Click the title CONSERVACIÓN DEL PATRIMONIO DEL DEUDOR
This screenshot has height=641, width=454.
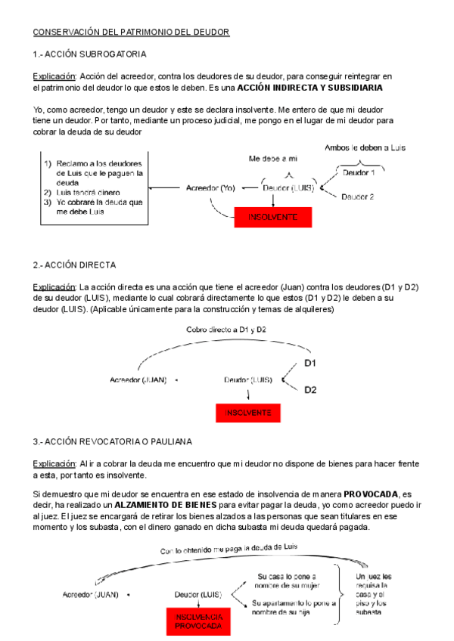tap(130, 33)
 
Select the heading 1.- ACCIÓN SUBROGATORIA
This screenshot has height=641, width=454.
tap(89, 54)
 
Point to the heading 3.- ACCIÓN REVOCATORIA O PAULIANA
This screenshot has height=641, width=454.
tap(113, 441)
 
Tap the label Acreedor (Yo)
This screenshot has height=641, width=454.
tap(210, 188)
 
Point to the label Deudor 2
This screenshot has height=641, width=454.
tap(357, 197)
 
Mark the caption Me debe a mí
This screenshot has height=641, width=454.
tap(273, 159)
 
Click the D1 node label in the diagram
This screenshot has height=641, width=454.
tap(310, 364)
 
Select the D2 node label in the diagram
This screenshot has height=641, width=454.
tap(310, 390)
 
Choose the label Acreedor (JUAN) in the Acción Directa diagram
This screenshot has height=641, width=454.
tap(139, 379)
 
